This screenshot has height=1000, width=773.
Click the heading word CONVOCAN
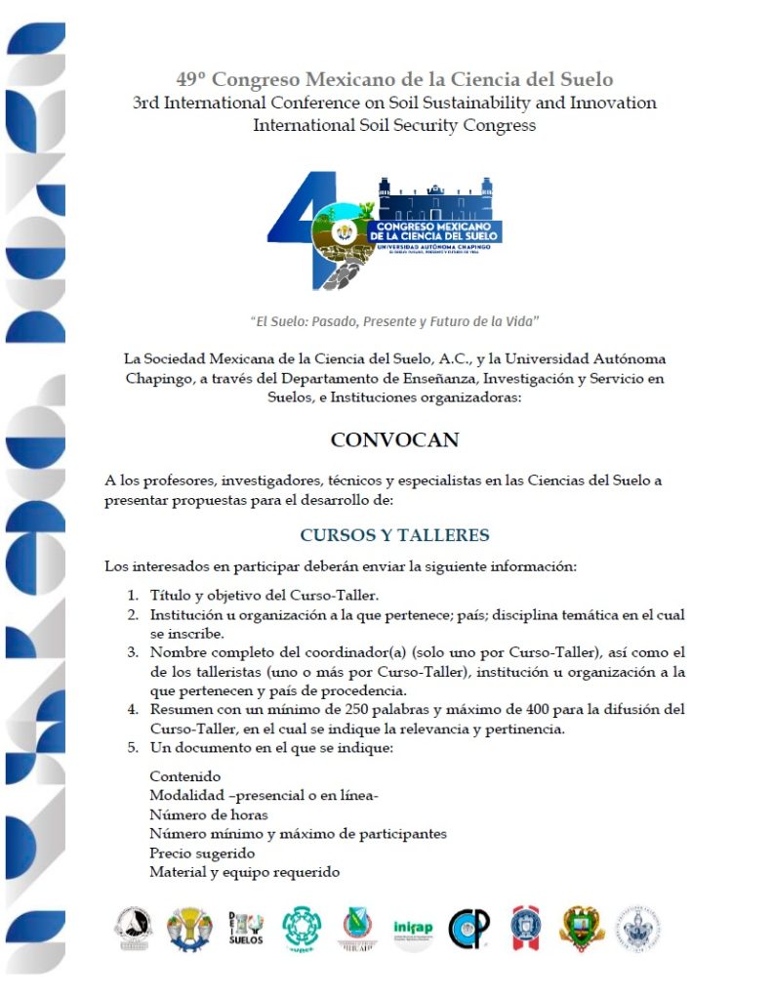(394, 439)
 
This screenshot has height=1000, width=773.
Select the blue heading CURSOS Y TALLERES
(394, 535)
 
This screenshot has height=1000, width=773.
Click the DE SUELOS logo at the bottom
(245, 928)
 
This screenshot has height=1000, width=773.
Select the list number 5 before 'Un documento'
(133, 748)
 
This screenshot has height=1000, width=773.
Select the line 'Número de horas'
(209, 814)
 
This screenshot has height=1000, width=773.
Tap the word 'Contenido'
(185, 776)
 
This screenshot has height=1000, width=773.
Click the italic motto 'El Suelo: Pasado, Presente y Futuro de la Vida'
(394, 320)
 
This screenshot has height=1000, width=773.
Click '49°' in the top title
(192, 79)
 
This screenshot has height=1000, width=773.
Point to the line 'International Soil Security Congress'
(394, 125)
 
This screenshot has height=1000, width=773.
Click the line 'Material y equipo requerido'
(244, 872)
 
